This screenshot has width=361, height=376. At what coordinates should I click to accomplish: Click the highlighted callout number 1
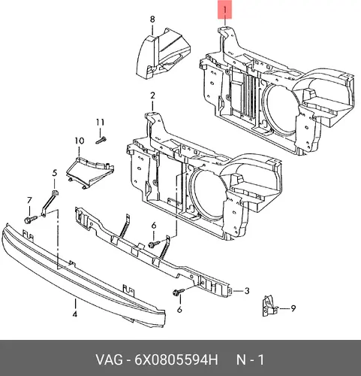coord(225,10)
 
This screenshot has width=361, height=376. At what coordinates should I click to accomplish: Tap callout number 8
coord(152,20)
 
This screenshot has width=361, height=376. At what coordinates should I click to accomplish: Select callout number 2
coord(152,96)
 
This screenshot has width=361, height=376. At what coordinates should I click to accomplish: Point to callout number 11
coord(100,122)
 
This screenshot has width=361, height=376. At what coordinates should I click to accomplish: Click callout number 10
coord(80,141)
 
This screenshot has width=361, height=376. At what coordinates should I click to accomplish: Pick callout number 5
coord(55,173)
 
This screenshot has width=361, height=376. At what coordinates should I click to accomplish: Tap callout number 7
coord(29,200)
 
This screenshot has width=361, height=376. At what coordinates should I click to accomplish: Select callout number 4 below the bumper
coord(75,314)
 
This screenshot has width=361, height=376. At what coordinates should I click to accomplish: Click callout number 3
coord(247,291)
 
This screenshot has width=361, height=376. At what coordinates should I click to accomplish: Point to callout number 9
coord(293,308)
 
